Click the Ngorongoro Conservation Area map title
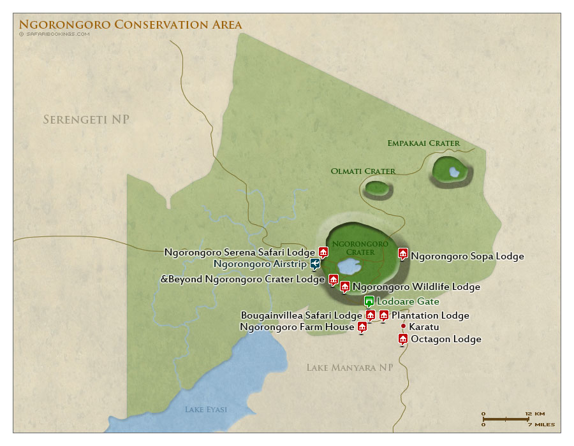point(130,25)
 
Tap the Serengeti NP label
point(91,120)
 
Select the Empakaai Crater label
point(423,143)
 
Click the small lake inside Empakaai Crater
point(453,171)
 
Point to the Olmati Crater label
point(363,171)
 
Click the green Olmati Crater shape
point(377,188)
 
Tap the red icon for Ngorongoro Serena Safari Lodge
point(323,252)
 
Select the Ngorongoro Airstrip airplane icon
point(315,263)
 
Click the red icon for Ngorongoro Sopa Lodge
point(403,254)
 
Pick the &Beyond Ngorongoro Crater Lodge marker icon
point(333,279)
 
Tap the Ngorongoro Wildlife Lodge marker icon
point(345,286)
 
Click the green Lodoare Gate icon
point(369,301)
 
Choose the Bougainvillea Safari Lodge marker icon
point(370,315)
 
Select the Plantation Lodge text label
point(430,315)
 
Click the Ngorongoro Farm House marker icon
point(362,327)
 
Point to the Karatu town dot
point(403,327)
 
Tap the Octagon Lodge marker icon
point(403,338)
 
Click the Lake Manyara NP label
point(349,368)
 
